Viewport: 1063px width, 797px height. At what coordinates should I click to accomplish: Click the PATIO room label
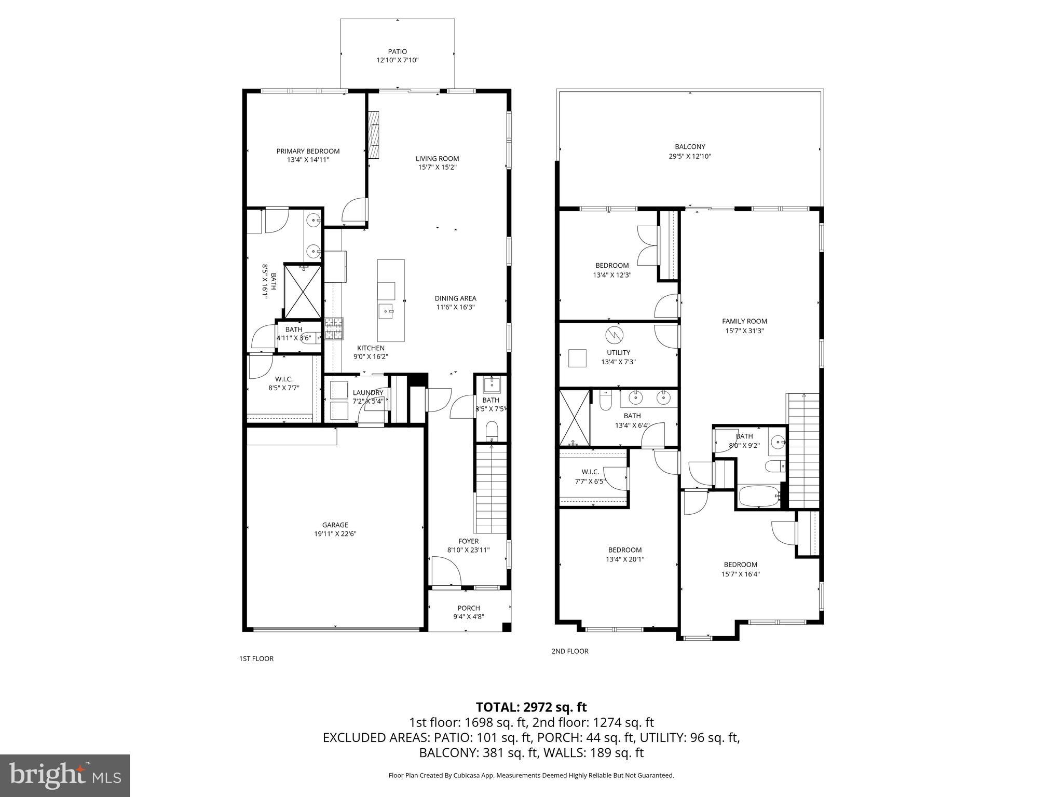click(397, 51)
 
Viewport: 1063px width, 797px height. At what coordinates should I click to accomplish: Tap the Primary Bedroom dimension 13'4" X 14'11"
click(308, 160)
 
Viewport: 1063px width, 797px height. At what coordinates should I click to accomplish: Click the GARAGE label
click(335, 525)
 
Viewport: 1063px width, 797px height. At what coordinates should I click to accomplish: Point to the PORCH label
click(468, 608)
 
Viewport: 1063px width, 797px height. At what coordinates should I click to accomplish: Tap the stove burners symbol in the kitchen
click(334, 328)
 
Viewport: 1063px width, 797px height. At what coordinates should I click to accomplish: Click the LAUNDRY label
click(367, 393)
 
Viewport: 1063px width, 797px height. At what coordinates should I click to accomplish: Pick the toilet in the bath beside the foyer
click(491, 431)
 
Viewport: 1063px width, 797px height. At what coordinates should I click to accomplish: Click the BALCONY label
click(690, 147)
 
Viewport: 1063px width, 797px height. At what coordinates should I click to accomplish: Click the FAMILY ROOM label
click(744, 321)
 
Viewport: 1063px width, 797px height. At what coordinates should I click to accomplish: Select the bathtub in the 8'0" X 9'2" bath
click(758, 497)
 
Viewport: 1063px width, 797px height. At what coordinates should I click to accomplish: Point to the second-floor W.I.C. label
click(590, 472)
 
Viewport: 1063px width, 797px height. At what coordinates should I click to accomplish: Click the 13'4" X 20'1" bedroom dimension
click(625, 559)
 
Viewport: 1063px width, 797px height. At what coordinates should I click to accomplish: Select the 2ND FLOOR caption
click(570, 651)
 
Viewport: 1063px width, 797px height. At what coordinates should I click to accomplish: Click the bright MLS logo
click(65, 775)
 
